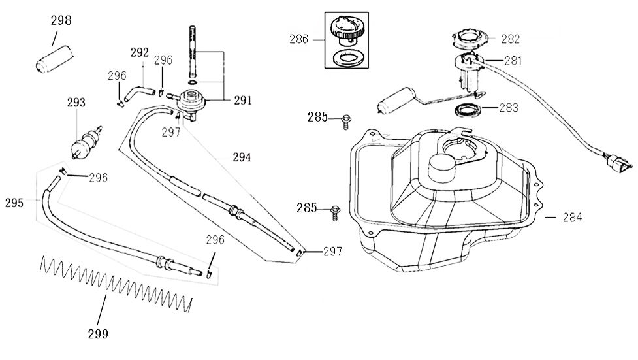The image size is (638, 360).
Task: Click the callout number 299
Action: click(98, 335)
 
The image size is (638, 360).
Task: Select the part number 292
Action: click(139, 52)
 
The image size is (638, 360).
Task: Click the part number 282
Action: click(510, 39)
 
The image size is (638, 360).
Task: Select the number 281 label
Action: click(513, 61)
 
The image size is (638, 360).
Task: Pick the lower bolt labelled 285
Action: click(336, 209)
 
